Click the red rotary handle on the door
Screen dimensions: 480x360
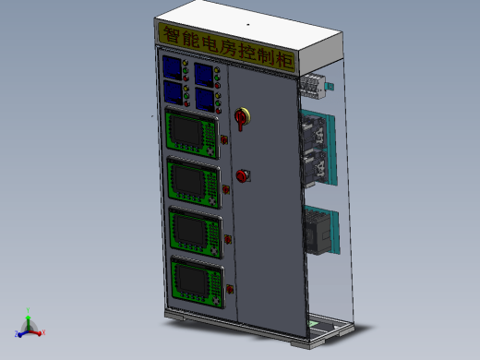coord(241,119)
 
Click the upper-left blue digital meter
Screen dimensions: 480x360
coord(172,67)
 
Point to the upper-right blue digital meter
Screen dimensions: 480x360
coord(204,75)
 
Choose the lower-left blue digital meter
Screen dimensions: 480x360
coord(174,93)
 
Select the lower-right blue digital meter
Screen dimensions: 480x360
coord(205,101)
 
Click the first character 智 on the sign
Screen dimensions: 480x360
coord(171,34)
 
